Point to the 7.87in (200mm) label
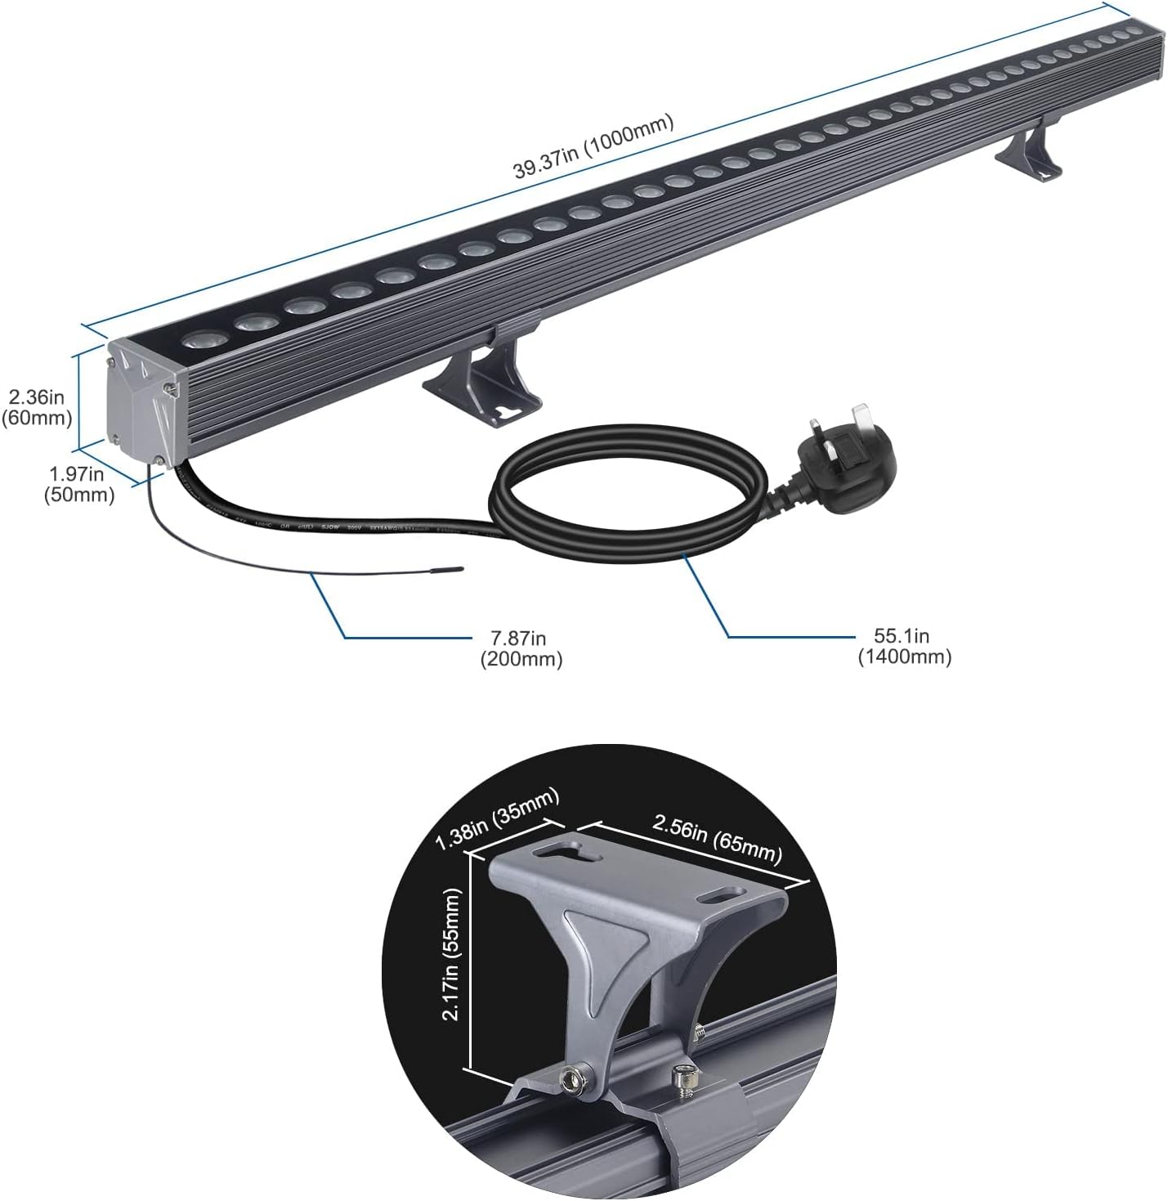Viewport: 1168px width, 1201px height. pyautogui.click(x=521, y=648)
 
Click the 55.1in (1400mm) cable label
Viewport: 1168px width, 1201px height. pyautogui.click(x=904, y=646)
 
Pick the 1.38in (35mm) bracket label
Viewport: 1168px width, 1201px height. pyautogui.click(x=497, y=818)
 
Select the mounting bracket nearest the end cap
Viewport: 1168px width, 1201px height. pyautogui.click(x=482, y=380)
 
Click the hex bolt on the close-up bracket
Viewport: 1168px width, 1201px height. pyautogui.click(x=572, y=1081)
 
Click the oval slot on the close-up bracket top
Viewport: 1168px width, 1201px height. pyautogui.click(x=718, y=897)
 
